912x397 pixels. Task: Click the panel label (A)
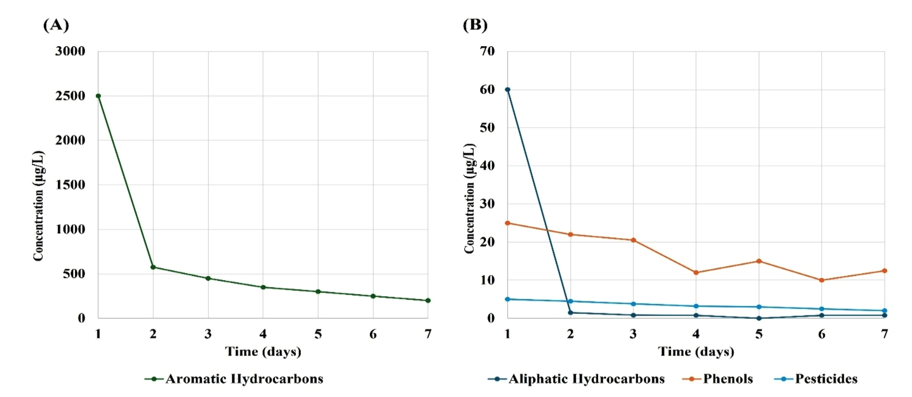point(56,25)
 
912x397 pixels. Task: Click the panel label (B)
point(475,25)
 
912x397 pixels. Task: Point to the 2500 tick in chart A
point(70,96)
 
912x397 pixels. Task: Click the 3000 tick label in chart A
point(70,51)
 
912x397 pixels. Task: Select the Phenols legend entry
point(728,379)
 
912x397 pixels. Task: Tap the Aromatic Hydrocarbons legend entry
point(244,379)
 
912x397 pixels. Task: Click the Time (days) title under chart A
point(263,352)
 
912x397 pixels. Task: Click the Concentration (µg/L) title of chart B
point(469,198)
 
